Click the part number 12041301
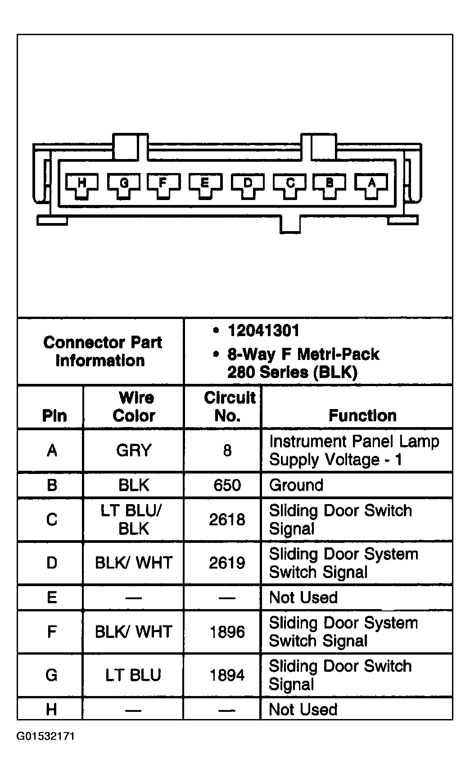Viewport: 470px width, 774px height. click(x=263, y=331)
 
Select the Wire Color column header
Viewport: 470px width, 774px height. click(x=134, y=407)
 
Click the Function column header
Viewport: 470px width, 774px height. click(x=362, y=415)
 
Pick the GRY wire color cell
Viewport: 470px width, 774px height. click(x=134, y=451)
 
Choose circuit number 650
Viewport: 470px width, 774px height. click(x=227, y=485)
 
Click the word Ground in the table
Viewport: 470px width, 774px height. click(x=296, y=485)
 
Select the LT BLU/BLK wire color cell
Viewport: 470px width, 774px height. click(x=134, y=519)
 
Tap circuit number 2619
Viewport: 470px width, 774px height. click(x=227, y=563)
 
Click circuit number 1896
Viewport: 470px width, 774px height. click(x=227, y=632)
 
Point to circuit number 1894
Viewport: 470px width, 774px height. click(x=227, y=675)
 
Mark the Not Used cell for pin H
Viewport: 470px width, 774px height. click(x=303, y=710)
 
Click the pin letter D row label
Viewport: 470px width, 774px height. click(x=52, y=563)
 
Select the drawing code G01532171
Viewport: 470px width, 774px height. click(x=46, y=737)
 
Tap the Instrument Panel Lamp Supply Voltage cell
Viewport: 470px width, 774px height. click(x=354, y=451)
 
